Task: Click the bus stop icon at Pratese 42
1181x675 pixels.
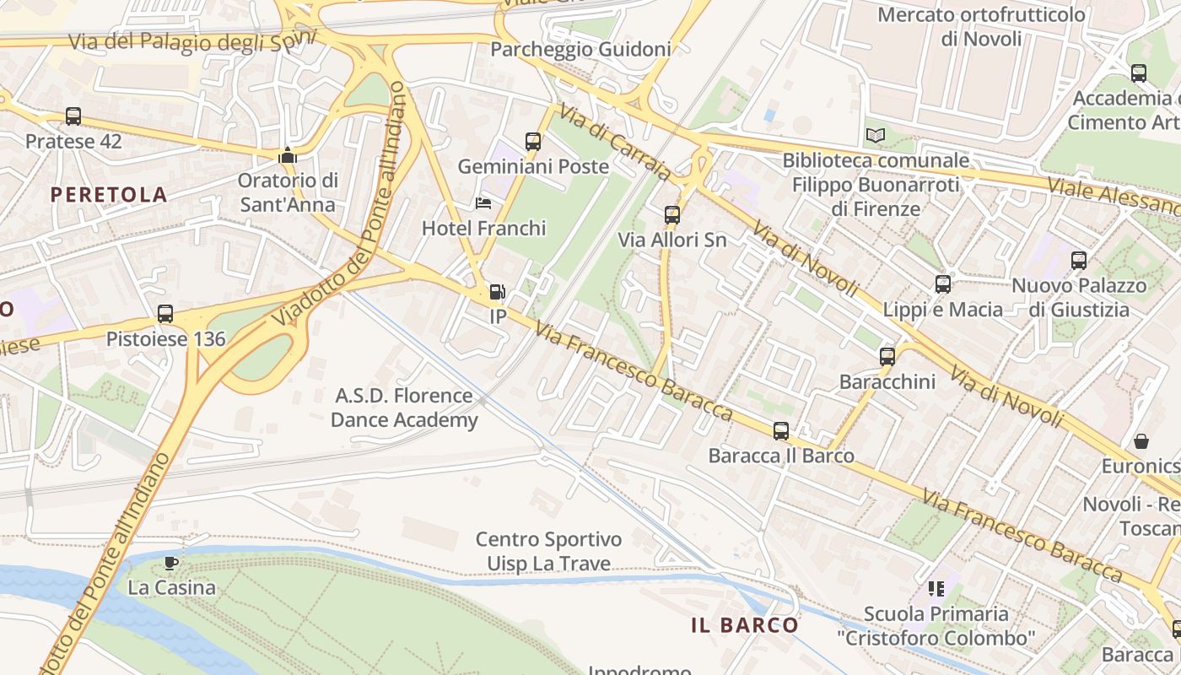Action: pyautogui.click(x=73, y=116)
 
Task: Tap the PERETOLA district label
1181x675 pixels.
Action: pyautogui.click(x=109, y=195)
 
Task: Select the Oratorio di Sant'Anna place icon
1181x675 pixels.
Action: pyautogui.click(x=288, y=155)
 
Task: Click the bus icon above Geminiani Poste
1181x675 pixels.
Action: pyautogui.click(x=532, y=141)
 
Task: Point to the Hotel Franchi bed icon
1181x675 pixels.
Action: pyautogui.click(x=483, y=203)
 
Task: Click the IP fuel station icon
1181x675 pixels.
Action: pyautogui.click(x=498, y=292)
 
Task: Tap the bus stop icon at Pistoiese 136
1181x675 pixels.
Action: pyautogui.click(x=165, y=314)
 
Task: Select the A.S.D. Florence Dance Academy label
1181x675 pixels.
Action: pyautogui.click(x=404, y=408)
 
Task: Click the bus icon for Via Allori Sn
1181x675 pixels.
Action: pyautogui.click(x=672, y=214)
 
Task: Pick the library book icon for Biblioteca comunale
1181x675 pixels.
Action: pyautogui.click(x=876, y=135)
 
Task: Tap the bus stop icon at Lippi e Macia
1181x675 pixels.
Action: pyautogui.click(x=943, y=284)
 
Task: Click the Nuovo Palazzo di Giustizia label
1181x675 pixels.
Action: pyautogui.click(x=1079, y=297)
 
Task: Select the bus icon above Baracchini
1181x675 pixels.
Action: pyautogui.click(x=887, y=357)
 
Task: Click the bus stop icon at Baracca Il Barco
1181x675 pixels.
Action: pyautogui.click(x=781, y=431)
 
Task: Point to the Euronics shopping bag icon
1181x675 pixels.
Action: pyautogui.click(x=1141, y=441)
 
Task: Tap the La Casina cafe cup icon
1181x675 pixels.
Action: pyautogui.click(x=171, y=563)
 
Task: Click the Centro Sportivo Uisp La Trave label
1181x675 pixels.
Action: pyautogui.click(x=548, y=551)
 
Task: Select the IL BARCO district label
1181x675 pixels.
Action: pyautogui.click(x=744, y=625)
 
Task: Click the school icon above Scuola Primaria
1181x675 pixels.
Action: pyautogui.click(x=936, y=588)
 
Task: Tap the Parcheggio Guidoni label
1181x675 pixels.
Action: pyautogui.click(x=580, y=49)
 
